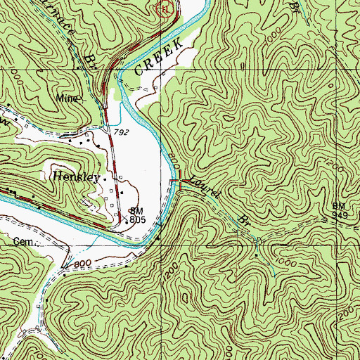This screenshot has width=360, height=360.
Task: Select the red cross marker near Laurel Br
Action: click(x=181, y=183)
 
